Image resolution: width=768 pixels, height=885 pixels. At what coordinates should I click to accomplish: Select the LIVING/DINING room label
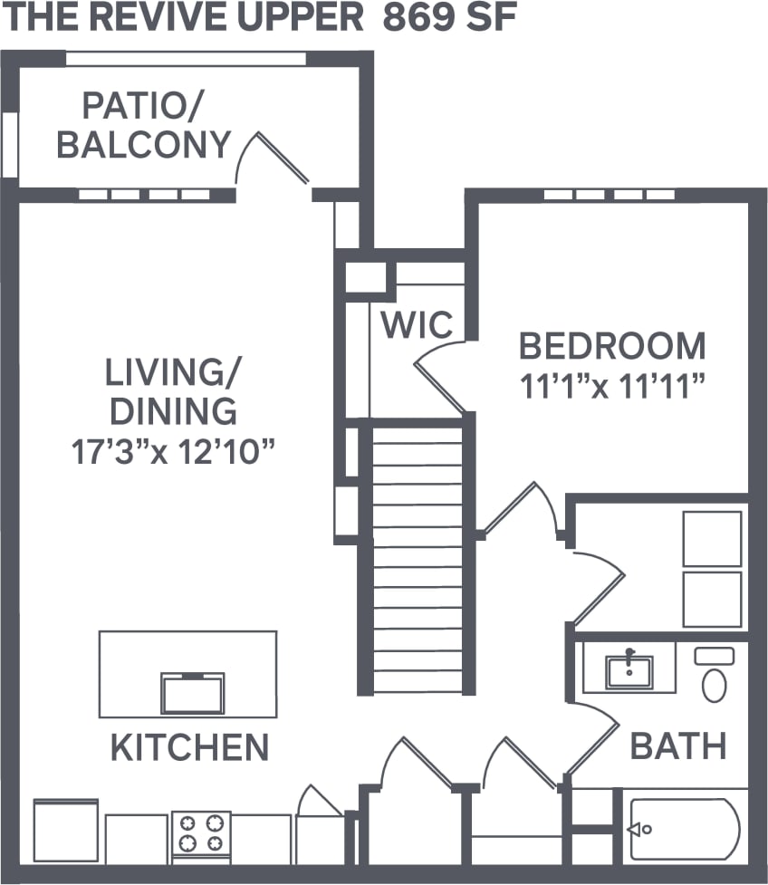173,390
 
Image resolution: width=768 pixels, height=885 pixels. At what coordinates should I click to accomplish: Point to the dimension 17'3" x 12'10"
173,450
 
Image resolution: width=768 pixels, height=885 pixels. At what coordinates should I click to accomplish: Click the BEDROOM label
612,345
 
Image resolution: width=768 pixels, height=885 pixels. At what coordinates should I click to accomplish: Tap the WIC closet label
417,324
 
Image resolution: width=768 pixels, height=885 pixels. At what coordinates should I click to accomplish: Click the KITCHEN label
189,747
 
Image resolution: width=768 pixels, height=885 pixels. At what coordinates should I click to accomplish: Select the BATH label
678,746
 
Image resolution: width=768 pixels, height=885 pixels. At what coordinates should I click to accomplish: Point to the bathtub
685,828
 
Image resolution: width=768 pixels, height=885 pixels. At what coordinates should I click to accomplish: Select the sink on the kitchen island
192,693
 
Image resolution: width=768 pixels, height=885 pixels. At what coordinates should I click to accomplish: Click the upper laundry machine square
712,539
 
